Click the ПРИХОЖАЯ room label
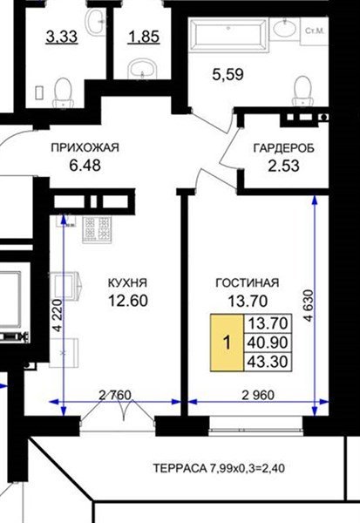85,147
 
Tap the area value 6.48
85,165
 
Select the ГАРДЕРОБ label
284,148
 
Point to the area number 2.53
283,166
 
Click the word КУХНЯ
127,282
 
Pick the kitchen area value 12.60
128,301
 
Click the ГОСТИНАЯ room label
248,282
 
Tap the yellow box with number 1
227,343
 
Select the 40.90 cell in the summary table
268,343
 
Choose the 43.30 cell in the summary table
268,362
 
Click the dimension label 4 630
309,306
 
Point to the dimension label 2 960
258,395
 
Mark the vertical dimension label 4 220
58,315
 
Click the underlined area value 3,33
62,37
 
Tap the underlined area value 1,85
144,37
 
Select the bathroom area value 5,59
228,74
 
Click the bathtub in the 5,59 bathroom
228,35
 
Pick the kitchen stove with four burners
97,229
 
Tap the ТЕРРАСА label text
180,468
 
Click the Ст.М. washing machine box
315,31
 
